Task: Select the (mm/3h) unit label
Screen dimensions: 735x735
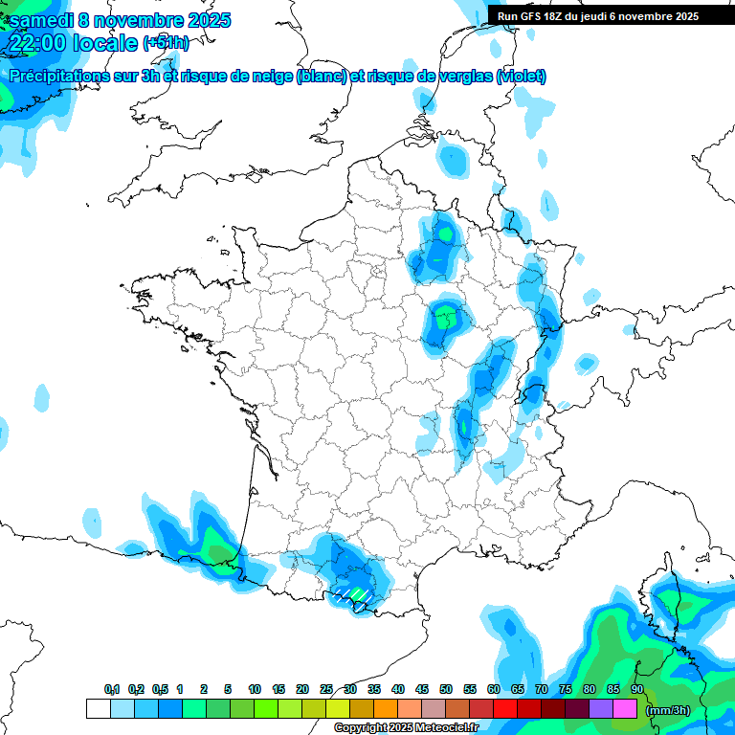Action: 668,710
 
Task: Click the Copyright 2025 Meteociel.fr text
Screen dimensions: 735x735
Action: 407,728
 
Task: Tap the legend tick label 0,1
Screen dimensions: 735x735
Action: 112,689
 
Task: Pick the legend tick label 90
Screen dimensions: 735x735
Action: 636,689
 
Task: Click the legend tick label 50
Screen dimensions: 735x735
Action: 446,689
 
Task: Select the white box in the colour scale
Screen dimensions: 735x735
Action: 98,709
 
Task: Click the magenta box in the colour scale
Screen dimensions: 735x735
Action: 625,709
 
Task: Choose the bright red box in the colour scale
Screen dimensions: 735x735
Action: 505,709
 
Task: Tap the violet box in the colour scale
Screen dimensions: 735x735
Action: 601,709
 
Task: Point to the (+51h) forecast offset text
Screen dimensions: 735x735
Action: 166,43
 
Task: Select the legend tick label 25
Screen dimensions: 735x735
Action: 326,689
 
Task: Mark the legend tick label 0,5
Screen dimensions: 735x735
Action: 159,689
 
